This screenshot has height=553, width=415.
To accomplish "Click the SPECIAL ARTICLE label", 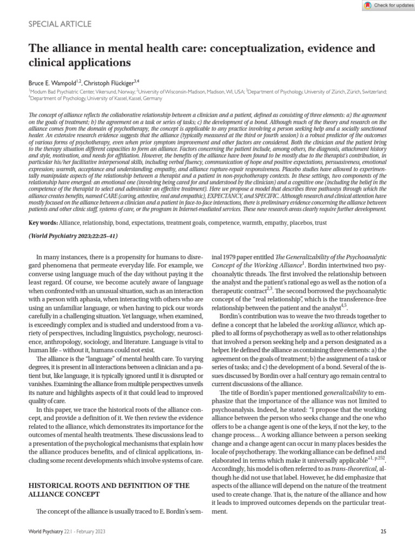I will click(59, 24).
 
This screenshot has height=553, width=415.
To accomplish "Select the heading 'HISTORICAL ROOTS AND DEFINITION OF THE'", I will click(108, 485).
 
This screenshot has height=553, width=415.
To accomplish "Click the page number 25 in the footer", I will click(383, 532).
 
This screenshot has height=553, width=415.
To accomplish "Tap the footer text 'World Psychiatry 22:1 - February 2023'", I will click(67, 532).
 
